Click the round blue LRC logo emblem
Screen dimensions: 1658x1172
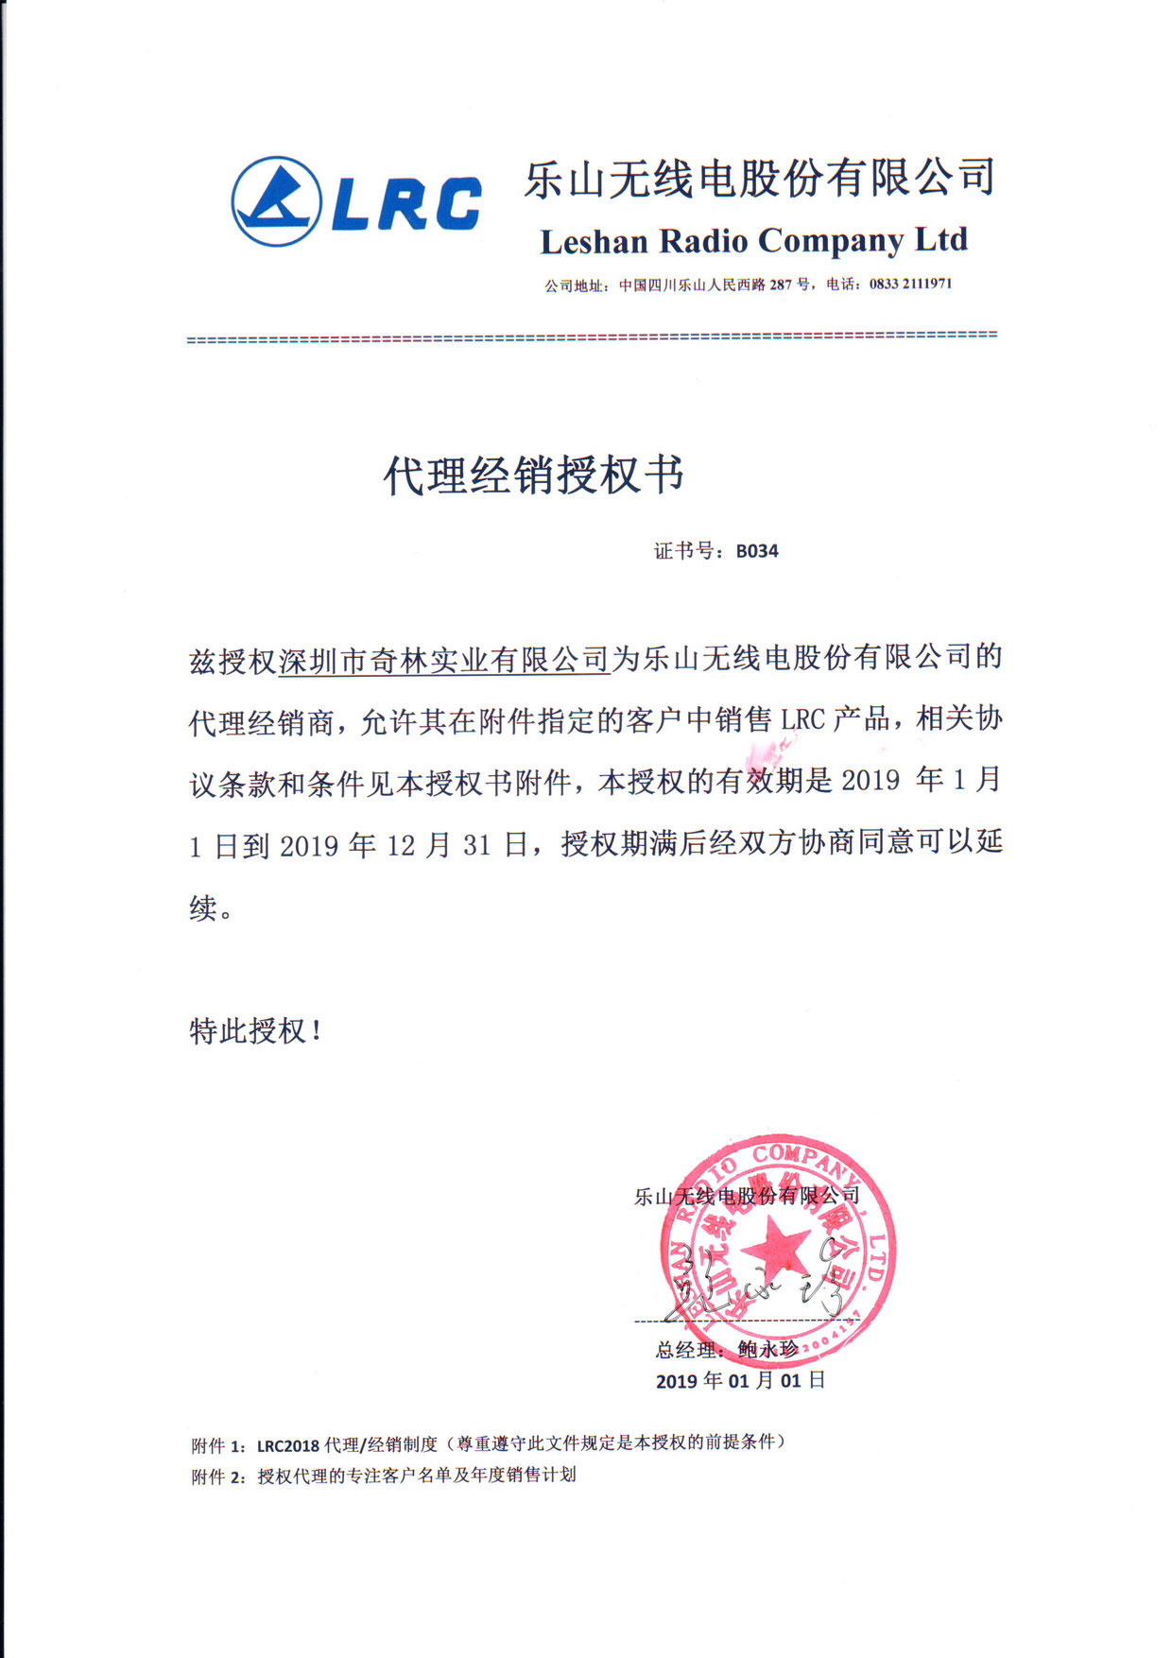coord(277,201)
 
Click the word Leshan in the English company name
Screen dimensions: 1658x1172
coord(594,242)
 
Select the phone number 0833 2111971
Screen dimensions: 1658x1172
coord(910,284)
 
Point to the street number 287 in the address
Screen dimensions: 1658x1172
coord(780,284)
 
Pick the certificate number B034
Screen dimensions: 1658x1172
coord(757,551)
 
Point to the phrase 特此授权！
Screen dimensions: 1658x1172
coord(255,1030)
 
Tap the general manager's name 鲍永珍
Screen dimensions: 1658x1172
coord(767,1350)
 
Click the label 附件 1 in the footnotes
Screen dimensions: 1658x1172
coord(216,1445)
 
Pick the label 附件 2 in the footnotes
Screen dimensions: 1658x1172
coord(216,1477)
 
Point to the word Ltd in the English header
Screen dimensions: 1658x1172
coord(941,240)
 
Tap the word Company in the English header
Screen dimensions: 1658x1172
coord(830,243)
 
